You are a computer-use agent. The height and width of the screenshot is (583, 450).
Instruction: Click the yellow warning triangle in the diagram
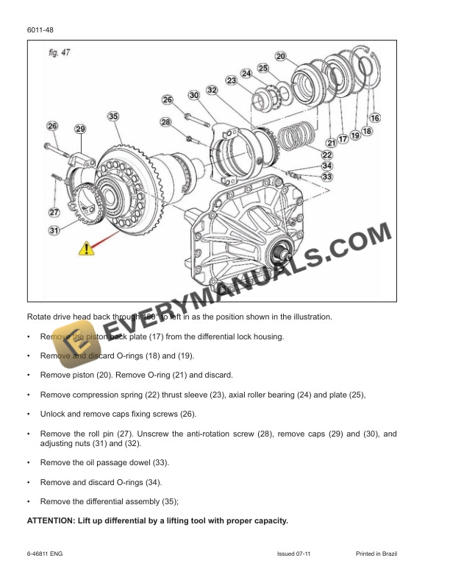[x=86, y=250]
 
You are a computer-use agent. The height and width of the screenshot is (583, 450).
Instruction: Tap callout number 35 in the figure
[x=113, y=116]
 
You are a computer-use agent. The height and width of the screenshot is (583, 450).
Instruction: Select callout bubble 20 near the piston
[x=280, y=56]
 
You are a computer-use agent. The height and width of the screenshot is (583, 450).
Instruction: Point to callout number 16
[x=374, y=118]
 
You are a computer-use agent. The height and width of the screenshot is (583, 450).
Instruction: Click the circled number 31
[x=53, y=230]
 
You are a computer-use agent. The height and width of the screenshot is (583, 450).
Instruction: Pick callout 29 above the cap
[x=79, y=129]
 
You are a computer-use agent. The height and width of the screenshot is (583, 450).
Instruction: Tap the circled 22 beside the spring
[x=326, y=155]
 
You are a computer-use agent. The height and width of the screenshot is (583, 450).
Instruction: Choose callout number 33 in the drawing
[x=326, y=177]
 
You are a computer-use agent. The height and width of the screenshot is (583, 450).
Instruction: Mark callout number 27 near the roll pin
[x=53, y=212]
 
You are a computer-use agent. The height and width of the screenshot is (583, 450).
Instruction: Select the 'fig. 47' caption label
[x=51, y=53]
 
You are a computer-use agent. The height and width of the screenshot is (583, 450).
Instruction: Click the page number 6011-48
[x=40, y=29]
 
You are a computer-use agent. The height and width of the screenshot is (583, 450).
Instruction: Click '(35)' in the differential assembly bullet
[x=168, y=501]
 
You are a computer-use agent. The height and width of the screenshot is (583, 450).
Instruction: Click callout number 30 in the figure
[x=193, y=96]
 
